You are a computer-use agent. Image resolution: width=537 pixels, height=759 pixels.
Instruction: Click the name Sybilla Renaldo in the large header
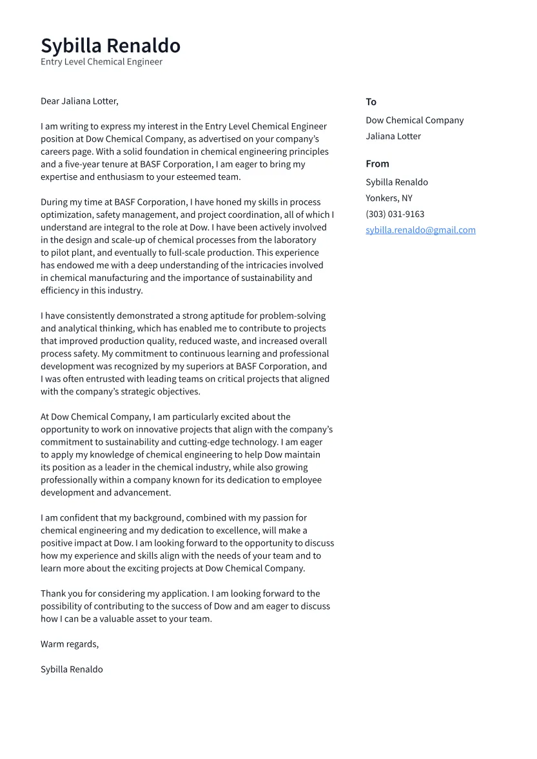tap(110, 46)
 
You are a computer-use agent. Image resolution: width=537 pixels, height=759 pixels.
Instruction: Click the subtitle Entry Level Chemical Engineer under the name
tap(101, 62)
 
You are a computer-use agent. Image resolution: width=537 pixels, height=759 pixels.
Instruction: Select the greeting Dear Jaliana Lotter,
tap(79, 101)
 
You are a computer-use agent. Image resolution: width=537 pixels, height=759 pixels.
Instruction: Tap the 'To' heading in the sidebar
tap(371, 102)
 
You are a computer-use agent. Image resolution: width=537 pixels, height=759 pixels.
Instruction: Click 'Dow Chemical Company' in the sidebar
tap(415, 120)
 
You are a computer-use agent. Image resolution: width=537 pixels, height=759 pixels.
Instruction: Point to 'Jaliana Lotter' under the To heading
tap(393, 137)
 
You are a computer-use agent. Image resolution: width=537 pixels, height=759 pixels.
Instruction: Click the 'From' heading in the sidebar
tap(377, 164)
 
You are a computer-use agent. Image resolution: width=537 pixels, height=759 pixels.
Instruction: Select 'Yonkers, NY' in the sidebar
tap(389, 198)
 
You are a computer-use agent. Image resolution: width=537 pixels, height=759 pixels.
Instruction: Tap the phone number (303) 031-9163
tap(395, 215)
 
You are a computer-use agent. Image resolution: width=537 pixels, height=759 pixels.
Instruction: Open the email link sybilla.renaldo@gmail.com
tap(420, 230)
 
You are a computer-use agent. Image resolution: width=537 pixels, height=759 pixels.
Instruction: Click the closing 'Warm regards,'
tap(70, 644)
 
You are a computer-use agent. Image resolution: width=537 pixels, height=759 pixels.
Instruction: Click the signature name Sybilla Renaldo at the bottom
tap(72, 669)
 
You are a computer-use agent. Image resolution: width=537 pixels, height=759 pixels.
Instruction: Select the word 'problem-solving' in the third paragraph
tap(293, 316)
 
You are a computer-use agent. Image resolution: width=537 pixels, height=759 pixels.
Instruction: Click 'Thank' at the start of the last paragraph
tap(54, 593)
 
